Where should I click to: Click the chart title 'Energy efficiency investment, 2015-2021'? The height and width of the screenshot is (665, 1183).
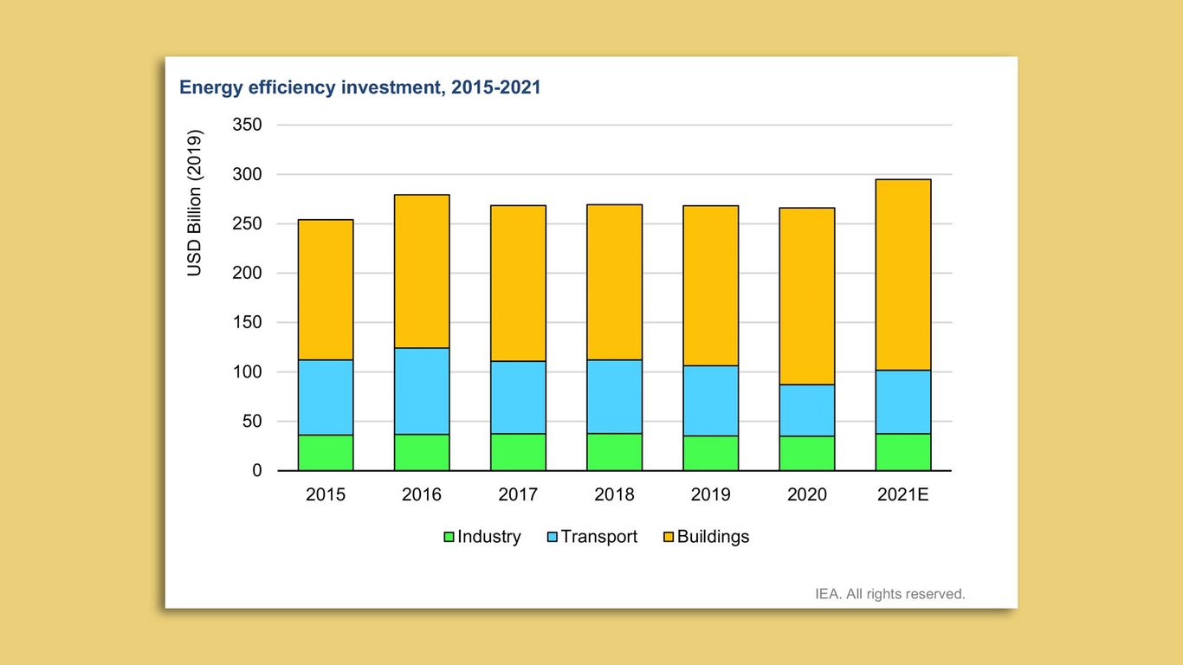point(359,87)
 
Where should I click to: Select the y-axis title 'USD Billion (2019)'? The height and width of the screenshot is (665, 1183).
point(194,203)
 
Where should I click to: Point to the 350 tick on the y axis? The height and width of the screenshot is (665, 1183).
point(247,126)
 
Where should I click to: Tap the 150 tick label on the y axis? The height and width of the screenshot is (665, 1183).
point(247,323)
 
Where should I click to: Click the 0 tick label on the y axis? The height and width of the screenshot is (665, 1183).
point(256,471)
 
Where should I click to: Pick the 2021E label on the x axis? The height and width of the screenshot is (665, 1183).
point(902,494)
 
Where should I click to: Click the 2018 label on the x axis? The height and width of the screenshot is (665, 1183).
point(614,494)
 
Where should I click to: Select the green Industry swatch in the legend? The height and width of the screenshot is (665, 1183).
point(449,538)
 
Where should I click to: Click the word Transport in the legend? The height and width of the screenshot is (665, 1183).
point(598,537)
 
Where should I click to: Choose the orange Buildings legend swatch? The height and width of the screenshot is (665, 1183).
point(668,538)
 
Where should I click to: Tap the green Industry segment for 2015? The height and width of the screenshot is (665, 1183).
point(326,453)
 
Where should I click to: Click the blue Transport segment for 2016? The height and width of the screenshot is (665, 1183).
point(422,391)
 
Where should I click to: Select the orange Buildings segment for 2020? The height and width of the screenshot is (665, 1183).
point(806,296)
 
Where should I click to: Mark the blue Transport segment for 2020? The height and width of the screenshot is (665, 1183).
point(806,410)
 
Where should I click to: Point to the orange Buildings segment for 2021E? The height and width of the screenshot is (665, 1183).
point(902,274)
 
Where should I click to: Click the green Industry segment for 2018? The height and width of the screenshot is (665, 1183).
point(614,452)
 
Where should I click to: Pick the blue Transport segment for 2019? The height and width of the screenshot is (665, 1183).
point(710,401)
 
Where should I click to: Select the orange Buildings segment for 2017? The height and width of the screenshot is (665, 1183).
point(518,283)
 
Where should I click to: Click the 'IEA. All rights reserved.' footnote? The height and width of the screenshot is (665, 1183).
point(889,594)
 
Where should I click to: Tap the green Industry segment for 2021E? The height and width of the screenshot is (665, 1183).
point(902,452)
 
